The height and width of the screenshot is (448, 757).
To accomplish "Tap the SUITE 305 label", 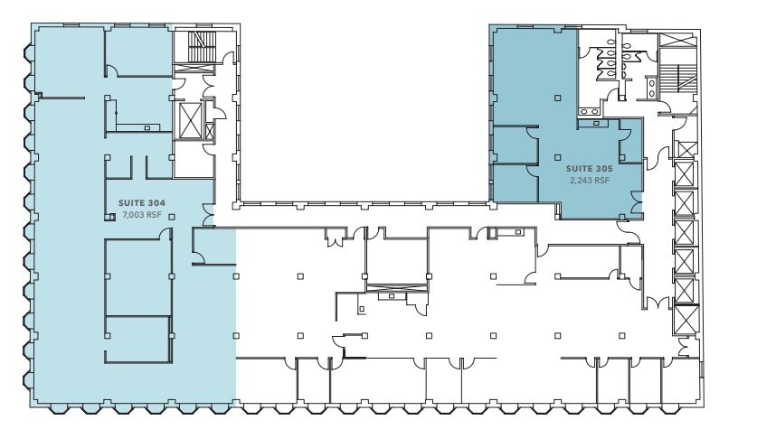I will click(x=588, y=169).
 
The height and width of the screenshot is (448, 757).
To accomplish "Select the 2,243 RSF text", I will click(x=589, y=181).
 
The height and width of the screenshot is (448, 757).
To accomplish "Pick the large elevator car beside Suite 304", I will click(x=193, y=119).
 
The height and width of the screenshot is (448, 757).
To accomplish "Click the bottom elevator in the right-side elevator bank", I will click(x=686, y=318).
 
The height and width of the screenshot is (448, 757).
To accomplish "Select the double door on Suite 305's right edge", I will click(x=637, y=206).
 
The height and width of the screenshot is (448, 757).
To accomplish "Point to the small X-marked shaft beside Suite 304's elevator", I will click(x=211, y=130).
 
